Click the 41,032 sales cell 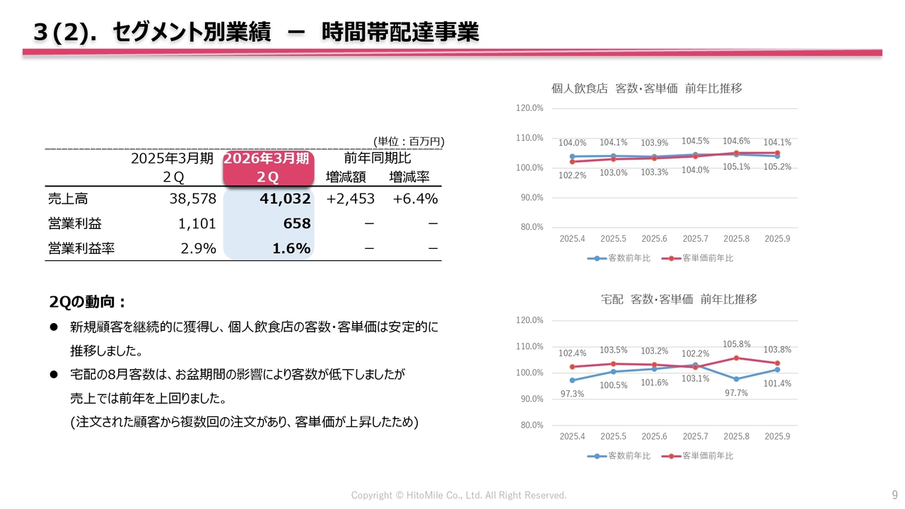pos(285,199)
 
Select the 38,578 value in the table pos(192,199)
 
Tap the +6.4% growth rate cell pos(415,199)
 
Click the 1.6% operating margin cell pos(292,248)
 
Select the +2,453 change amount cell pos(350,199)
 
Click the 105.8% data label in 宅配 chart pos(736,344)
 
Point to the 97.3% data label pos(572,394)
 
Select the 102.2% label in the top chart pos(572,175)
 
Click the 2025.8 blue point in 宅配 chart pos(736,379)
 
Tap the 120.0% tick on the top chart pos(530,108)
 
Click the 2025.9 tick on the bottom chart pos(777,436)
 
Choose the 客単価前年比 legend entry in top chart pos(698,258)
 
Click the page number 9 pos(894,494)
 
